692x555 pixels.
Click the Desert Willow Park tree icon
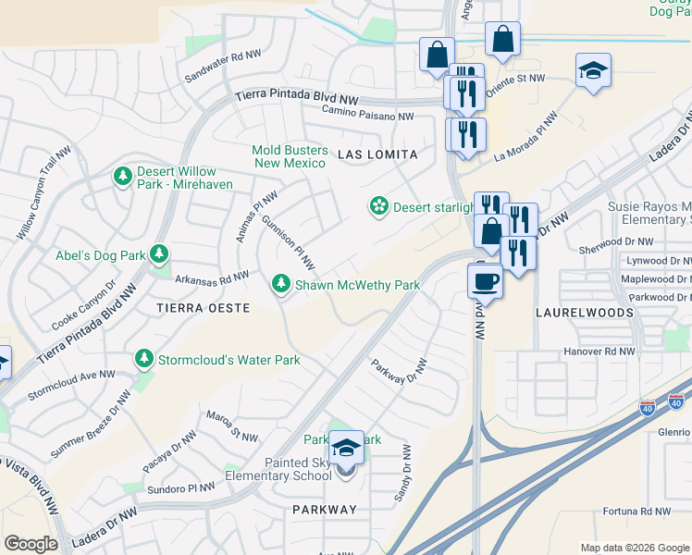(122, 175)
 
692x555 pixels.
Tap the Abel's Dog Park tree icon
(159, 253)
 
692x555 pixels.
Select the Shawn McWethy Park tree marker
(280, 285)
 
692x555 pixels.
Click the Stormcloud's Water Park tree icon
(143, 358)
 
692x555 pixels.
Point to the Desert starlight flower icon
(378, 207)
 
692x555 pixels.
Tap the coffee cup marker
(484, 280)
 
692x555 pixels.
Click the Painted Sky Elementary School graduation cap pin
(346, 450)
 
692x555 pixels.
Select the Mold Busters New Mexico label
(290, 156)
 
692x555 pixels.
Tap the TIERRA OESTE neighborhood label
(203, 307)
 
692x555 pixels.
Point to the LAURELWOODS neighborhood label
(585, 313)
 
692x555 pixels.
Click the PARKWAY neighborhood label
(324, 510)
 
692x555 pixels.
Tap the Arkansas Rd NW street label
(212, 276)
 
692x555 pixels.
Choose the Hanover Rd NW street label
(599, 352)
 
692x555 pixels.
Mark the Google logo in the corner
(31, 543)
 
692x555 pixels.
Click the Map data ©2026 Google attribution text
(634, 548)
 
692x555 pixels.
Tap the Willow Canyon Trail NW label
(43, 194)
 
